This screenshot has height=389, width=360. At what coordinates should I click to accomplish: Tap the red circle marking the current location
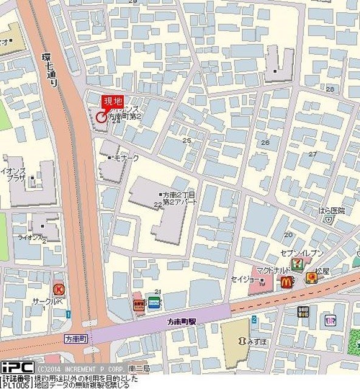point(100,117)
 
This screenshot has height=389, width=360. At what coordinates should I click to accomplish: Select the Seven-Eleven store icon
point(297,264)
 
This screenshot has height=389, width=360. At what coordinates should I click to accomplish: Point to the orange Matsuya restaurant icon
point(312,278)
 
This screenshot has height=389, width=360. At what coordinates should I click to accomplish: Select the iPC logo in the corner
point(17,367)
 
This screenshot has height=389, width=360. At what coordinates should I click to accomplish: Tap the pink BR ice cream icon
point(330,320)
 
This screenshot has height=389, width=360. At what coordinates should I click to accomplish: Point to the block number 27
point(313,154)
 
